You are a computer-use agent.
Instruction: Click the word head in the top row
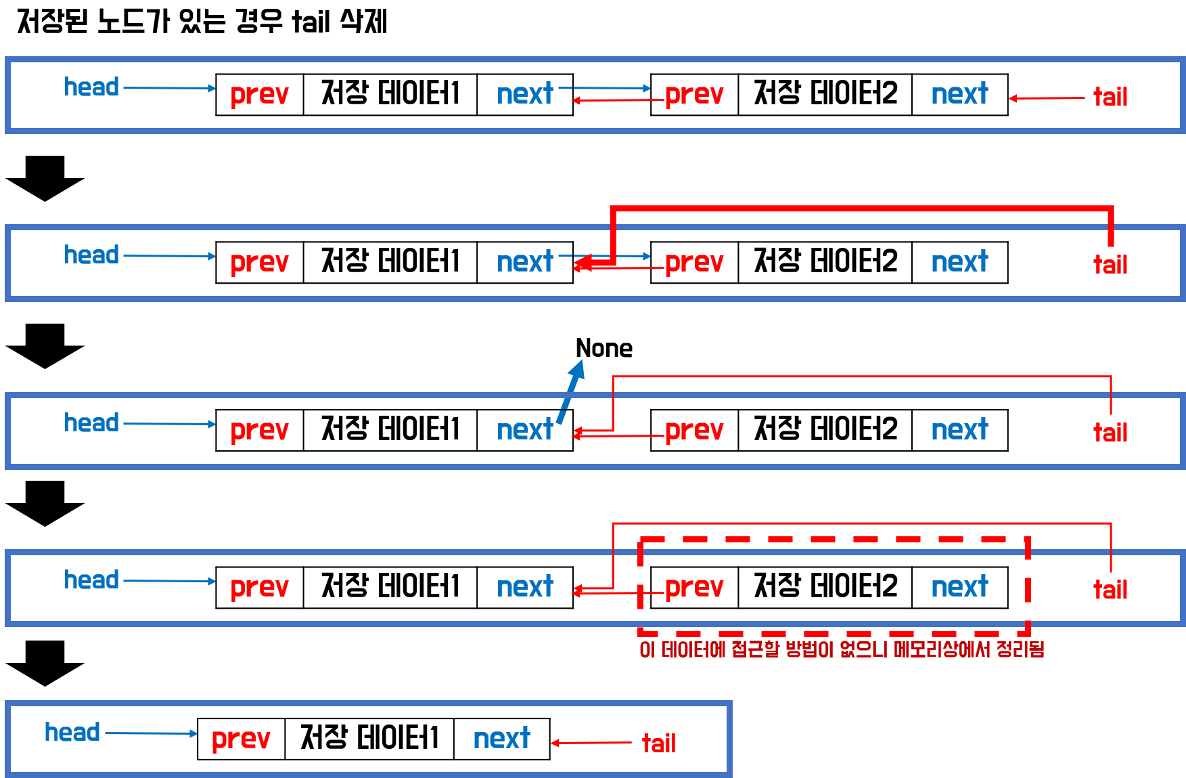pyautogui.click(x=91, y=87)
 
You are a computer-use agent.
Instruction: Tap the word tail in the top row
pyautogui.click(x=1110, y=97)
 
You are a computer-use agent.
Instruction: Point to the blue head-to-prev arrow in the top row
pyautogui.click(x=169, y=88)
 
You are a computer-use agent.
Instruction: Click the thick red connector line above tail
pyautogui.click(x=859, y=209)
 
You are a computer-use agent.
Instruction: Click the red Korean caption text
pyautogui.click(x=842, y=650)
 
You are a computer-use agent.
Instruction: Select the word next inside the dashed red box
pyautogui.click(x=959, y=587)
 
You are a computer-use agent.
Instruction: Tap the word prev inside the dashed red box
pyautogui.click(x=694, y=588)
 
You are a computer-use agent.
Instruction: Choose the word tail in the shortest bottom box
pyautogui.click(x=658, y=743)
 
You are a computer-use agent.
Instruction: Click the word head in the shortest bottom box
pyautogui.click(x=72, y=733)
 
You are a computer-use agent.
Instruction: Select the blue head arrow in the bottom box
pyautogui.click(x=151, y=733)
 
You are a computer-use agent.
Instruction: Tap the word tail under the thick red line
pyautogui.click(x=1110, y=265)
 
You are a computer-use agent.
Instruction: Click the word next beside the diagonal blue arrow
pyautogui.click(x=525, y=430)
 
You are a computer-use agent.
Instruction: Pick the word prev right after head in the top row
pyautogui.click(x=259, y=95)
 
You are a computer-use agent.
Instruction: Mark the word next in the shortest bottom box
pyautogui.click(x=501, y=739)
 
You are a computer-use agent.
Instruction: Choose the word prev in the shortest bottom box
pyautogui.click(x=240, y=739)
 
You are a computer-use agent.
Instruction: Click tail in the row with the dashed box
pyautogui.click(x=1110, y=590)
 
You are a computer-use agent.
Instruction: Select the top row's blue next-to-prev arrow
pyautogui.click(x=604, y=88)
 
